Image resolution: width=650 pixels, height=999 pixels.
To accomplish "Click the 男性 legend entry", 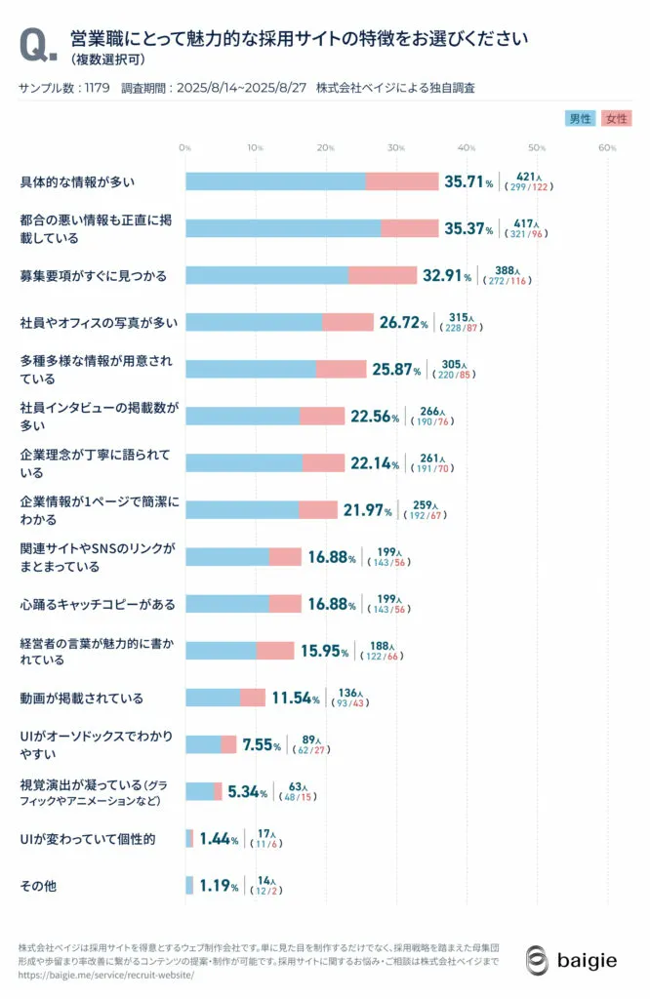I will pyautogui.click(x=580, y=118).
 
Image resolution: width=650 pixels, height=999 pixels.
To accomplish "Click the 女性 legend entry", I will pyautogui.click(x=617, y=118).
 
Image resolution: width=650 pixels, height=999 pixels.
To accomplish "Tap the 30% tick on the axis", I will pyautogui.click(x=395, y=147).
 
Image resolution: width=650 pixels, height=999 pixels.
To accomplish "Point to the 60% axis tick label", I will pyautogui.click(x=606, y=147).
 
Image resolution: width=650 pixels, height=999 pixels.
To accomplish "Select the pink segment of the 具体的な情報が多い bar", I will pyautogui.click(x=402, y=181).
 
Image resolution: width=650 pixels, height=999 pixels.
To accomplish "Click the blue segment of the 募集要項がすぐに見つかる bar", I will pyautogui.click(x=266, y=275).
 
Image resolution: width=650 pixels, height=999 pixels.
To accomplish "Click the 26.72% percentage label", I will pyautogui.click(x=403, y=322).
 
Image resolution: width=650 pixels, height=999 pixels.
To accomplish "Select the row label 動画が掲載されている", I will pyautogui.click(x=82, y=699).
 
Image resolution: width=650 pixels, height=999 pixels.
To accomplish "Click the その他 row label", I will pyautogui.click(x=38, y=886).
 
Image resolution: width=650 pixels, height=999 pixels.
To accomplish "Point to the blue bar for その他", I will pyautogui.click(x=189, y=886).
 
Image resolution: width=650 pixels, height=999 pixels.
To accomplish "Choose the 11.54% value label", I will pyautogui.click(x=296, y=699).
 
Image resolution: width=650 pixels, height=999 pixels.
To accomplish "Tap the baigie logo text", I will pyautogui.click(x=587, y=961).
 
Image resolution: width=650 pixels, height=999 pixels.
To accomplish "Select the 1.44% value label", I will pyautogui.click(x=220, y=839).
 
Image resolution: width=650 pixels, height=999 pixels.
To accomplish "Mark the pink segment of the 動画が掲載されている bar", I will pyautogui.click(x=253, y=699).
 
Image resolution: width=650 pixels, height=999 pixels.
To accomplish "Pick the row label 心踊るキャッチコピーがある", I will pyautogui.click(x=98, y=605).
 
